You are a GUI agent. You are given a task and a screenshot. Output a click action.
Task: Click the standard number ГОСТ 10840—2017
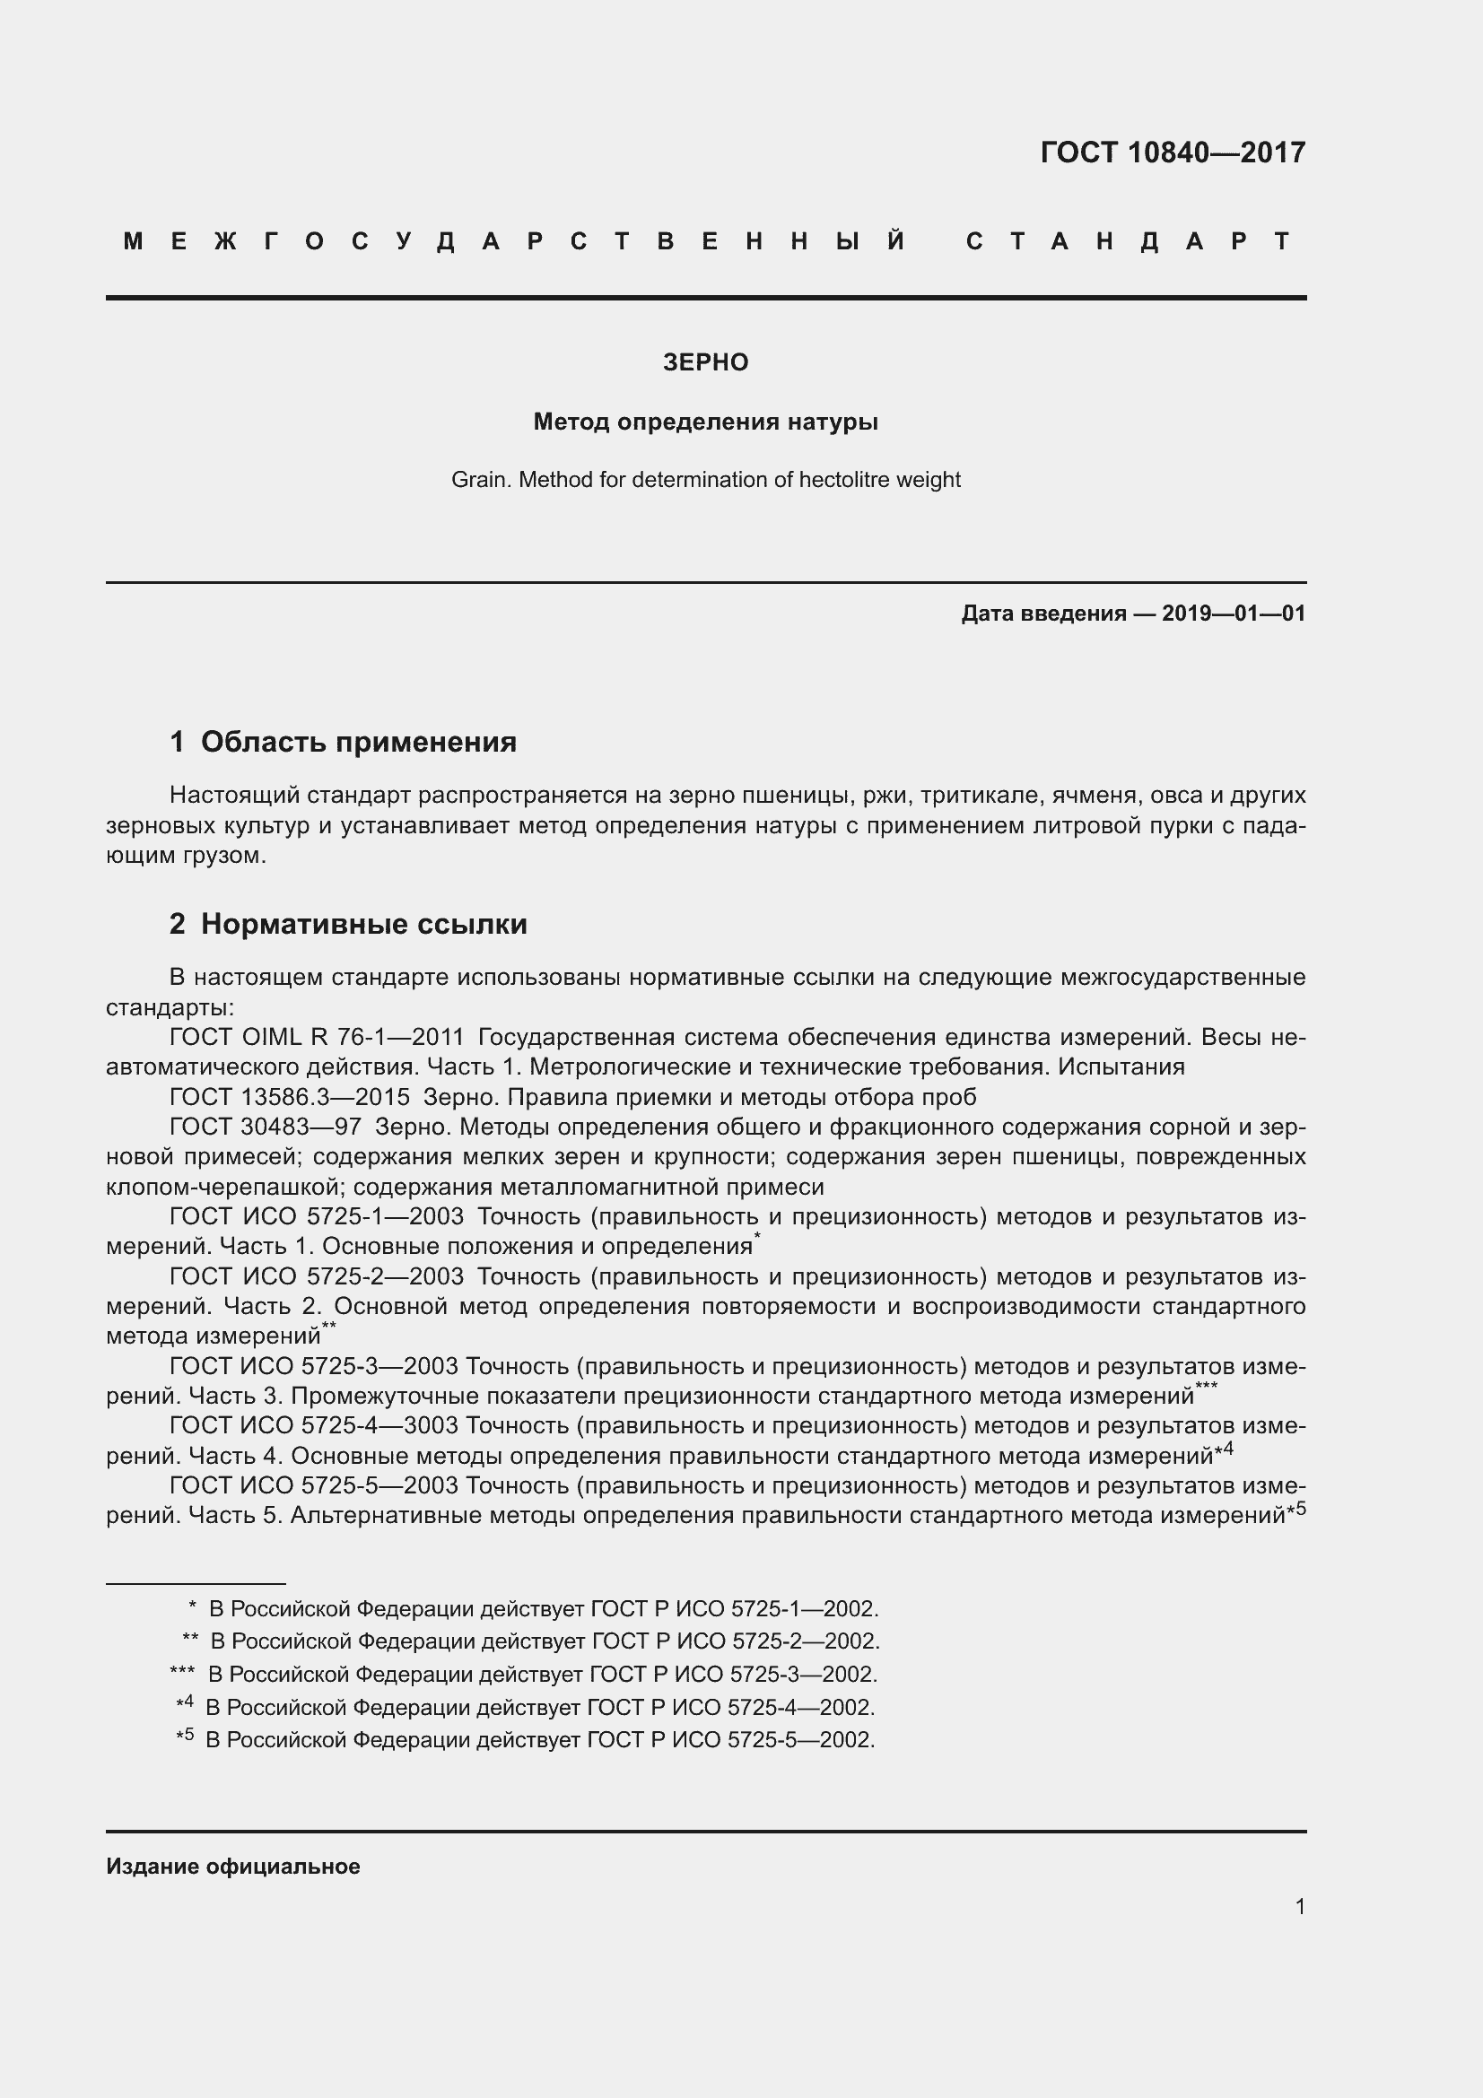pos(1173,152)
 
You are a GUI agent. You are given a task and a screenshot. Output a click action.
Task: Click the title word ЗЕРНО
pos(705,362)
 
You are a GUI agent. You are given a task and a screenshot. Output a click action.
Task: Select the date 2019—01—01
pos(1234,614)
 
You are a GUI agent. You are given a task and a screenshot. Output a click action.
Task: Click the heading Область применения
pos(358,742)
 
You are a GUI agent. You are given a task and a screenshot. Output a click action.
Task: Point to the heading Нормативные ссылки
pos(363,924)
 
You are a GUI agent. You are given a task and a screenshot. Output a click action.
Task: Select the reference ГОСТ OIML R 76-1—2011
pos(317,1037)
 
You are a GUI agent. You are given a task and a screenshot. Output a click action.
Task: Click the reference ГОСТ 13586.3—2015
pos(290,1097)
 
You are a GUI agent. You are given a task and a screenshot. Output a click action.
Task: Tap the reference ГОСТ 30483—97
pos(265,1127)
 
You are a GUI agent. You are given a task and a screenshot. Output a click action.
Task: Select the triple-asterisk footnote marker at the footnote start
pos(182,1671)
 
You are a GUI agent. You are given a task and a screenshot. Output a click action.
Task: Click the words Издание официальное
pos(233,1867)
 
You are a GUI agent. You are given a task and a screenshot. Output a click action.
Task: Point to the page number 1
pos(1299,1906)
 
